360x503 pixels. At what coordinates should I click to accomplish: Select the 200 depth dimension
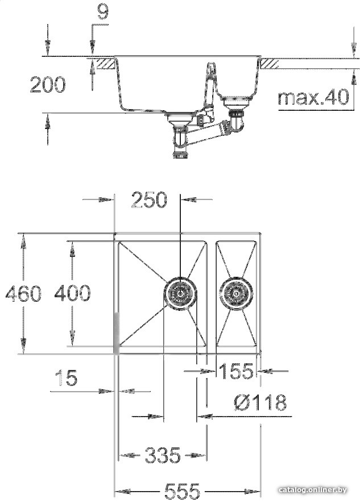click(x=48, y=85)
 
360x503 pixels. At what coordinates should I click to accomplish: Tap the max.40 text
click(x=313, y=97)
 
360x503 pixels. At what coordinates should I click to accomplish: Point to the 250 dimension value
click(x=149, y=200)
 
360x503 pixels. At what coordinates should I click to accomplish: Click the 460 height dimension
click(x=23, y=293)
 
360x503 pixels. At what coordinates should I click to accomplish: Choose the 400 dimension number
click(x=72, y=293)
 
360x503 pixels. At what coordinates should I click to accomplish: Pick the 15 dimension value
click(x=67, y=378)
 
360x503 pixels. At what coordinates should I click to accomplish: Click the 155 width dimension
click(x=236, y=371)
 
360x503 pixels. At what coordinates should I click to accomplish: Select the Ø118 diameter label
click(x=259, y=403)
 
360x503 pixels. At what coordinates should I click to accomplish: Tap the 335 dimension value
click(x=162, y=455)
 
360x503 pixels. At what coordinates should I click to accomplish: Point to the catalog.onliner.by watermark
click(x=313, y=490)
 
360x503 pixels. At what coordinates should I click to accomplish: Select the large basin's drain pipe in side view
click(x=180, y=139)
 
